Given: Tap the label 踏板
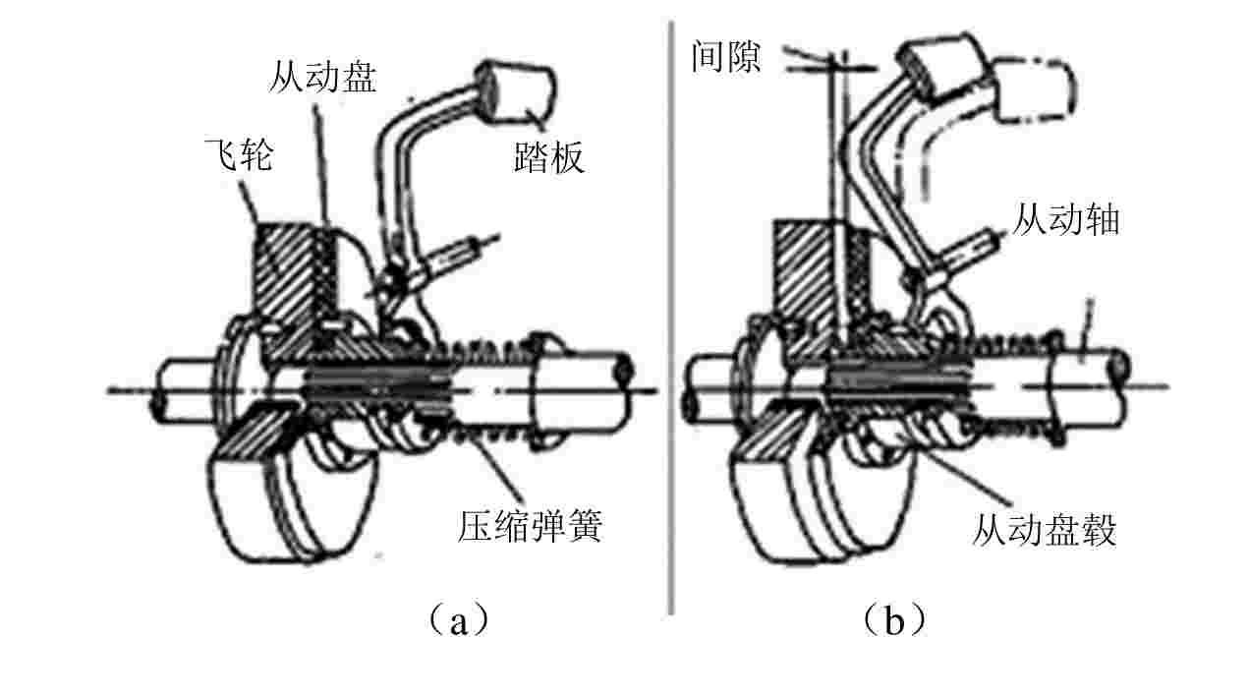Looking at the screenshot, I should pos(548,156).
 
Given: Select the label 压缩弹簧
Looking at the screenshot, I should pos(529,527).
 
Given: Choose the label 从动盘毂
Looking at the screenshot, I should pos(1044,531).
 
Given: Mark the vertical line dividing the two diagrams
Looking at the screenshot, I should pos(671,315).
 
